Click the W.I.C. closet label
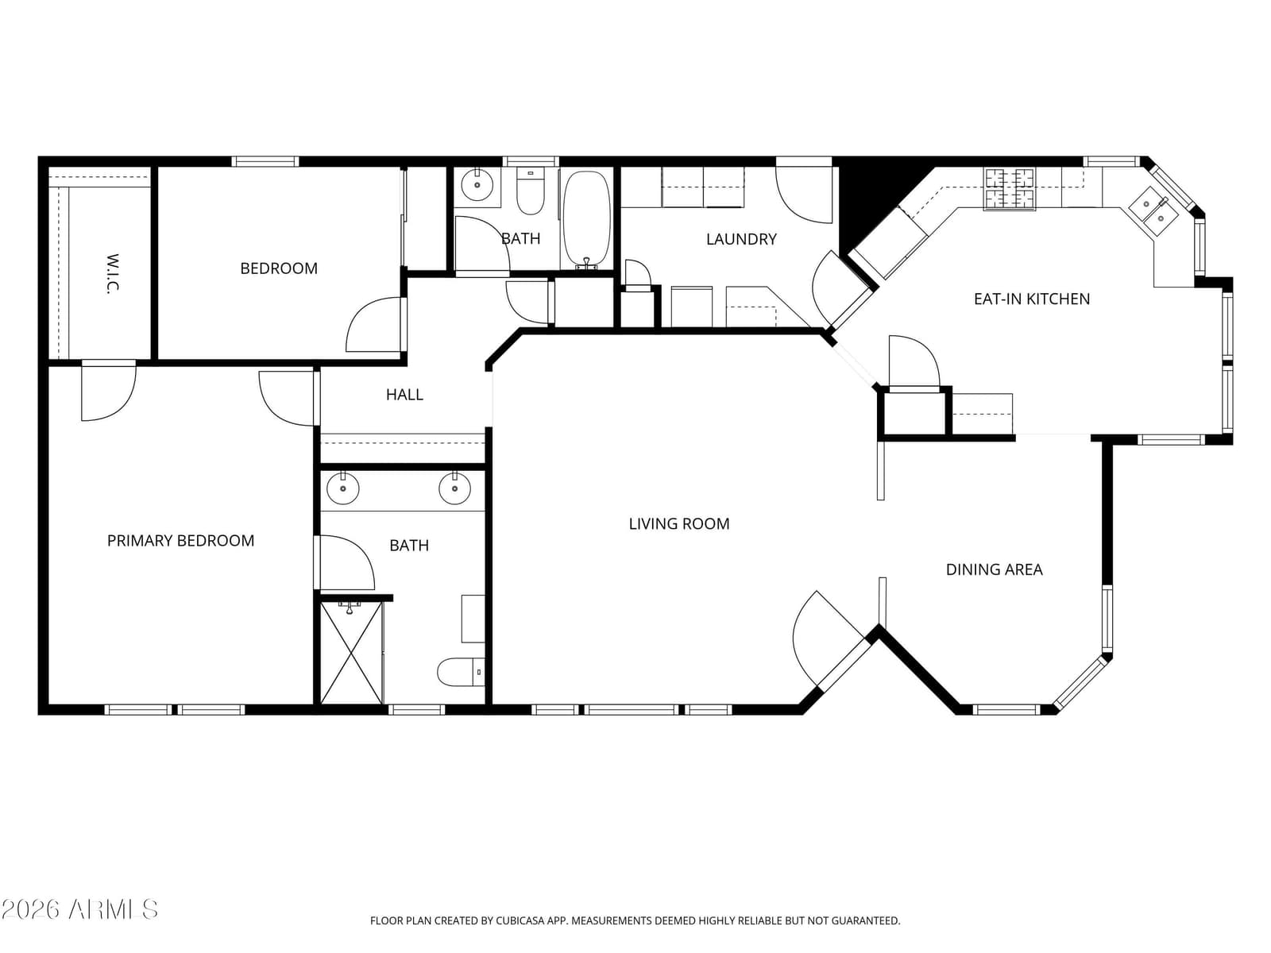(x=114, y=274)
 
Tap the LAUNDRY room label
(x=740, y=239)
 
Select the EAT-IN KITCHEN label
(x=1031, y=299)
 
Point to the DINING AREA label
(x=994, y=569)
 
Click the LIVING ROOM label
(x=678, y=523)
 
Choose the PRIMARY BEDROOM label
(x=180, y=541)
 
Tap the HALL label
(x=404, y=395)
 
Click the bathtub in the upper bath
(x=586, y=221)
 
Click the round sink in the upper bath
(x=477, y=184)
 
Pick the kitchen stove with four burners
(x=1009, y=189)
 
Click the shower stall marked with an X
(x=351, y=653)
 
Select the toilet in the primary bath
(x=461, y=672)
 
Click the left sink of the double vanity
(x=343, y=488)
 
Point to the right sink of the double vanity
(x=454, y=488)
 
